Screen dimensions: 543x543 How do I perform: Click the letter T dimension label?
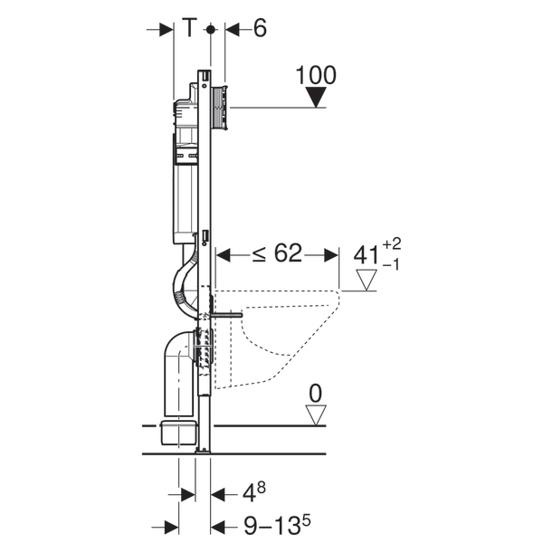click(x=188, y=29)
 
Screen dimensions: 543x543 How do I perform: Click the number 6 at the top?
click(x=260, y=29)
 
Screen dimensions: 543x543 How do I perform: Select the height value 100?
click(x=316, y=75)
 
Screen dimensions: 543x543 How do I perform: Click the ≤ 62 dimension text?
click(x=276, y=255)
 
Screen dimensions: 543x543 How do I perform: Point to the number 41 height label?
click(x=365, y=255)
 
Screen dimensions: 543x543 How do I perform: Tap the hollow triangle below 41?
click(x=365, y=280)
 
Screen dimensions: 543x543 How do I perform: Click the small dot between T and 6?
click(x=210, y=29)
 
